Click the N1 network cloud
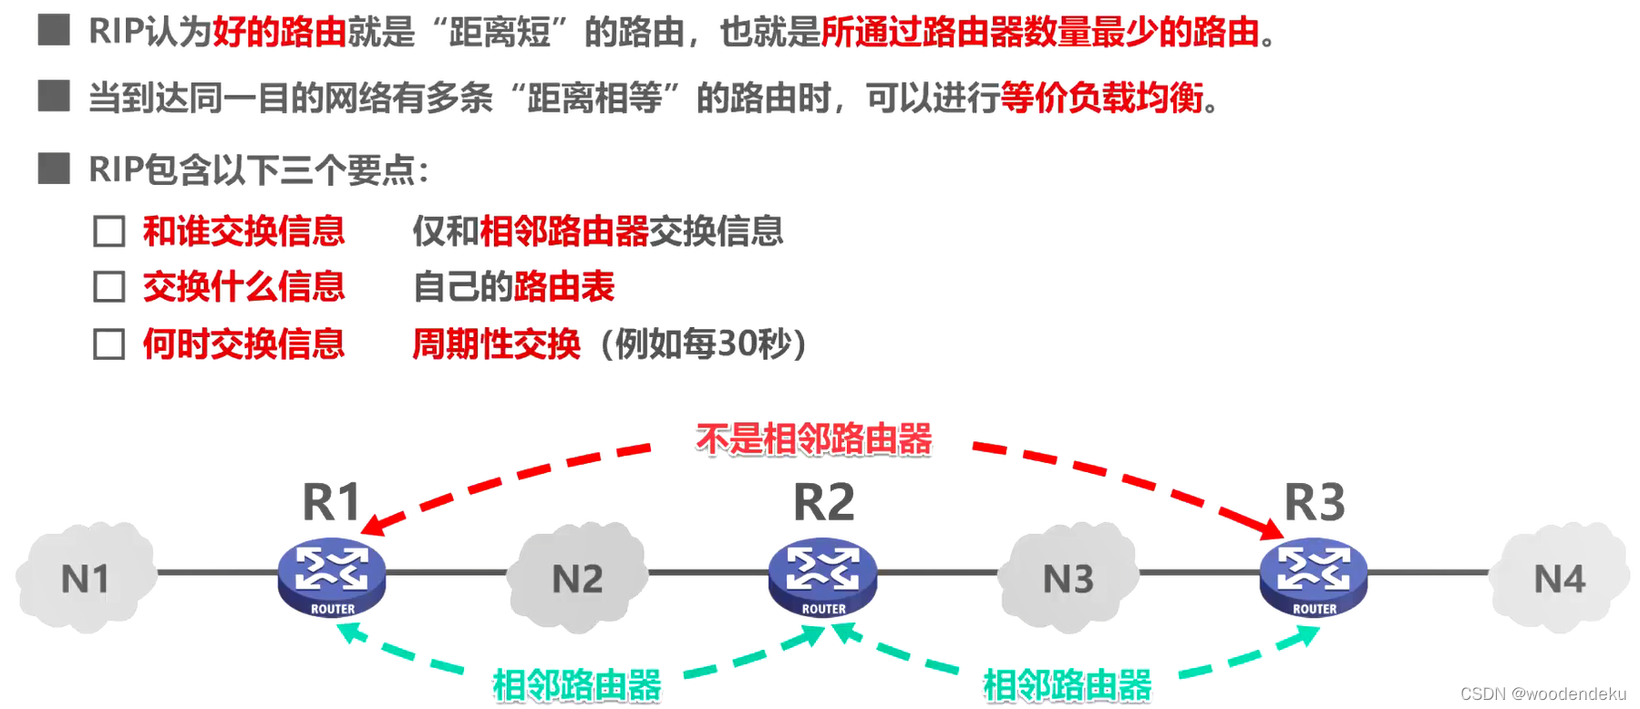[85, 579]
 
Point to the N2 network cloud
[577, 579]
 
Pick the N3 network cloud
[1068, 579]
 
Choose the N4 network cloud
[1559, 579]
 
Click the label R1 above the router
[332, 502]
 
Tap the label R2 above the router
[823, 502]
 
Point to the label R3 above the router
[1315, 502]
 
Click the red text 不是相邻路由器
[813, 439]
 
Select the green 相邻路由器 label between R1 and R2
[576, 685]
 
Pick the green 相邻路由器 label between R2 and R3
[1067, 685]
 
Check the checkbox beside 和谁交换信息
[109, 231]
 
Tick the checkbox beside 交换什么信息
[109, 287]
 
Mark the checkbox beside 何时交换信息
[109, 344]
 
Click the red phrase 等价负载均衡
[1101, 98]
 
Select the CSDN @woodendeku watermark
[1542, 694]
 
